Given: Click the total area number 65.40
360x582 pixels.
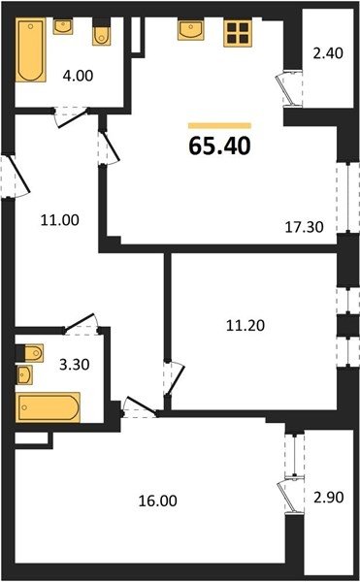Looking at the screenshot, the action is (x=219, y=145).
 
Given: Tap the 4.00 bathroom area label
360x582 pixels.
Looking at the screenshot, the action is (x=78, y=76).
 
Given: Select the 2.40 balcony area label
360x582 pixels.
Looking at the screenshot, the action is (x=328, y=53).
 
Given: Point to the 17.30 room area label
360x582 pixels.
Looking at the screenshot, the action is (x=304, y=226).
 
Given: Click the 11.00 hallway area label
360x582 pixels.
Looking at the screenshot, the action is (x=60, y=220).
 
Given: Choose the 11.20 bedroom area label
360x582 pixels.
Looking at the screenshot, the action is (x=245, y=326).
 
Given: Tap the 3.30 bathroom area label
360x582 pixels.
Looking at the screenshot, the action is (x=74, y=365).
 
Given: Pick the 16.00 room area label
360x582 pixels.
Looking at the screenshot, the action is (x=158, y=501).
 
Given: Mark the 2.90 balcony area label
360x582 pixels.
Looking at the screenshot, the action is (x=328, y=497).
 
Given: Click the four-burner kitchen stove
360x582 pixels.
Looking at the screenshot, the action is (x=238, y=33).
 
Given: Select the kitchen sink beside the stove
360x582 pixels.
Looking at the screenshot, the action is (x=190, y=30).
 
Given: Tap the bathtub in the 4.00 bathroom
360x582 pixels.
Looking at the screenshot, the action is (x=31, y=49).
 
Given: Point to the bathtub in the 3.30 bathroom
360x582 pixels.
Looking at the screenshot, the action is (x=48, y=407).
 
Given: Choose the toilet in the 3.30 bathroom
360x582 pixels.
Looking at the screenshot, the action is (x=31, y=353).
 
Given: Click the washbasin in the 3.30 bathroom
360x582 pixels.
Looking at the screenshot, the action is (x=24, y=374).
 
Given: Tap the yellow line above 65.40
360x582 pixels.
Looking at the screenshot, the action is (x=219, y=125).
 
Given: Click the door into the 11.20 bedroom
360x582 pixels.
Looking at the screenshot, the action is (x=174, y=378).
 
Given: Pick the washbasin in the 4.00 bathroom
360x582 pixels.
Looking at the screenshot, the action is (x=63, y=26).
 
